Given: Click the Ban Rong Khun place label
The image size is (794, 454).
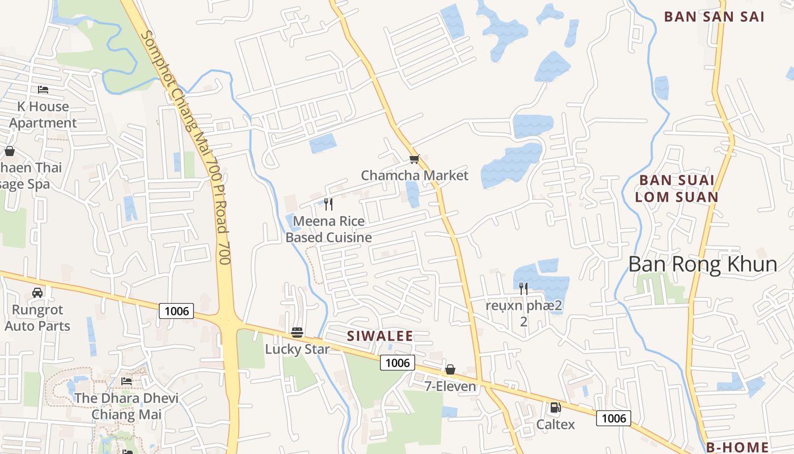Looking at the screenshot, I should (703, 264).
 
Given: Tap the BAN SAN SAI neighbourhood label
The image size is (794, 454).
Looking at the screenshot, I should (714, 16).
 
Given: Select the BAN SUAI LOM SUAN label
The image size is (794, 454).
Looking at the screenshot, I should (676, 188).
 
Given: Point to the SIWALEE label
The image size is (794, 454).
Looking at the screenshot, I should (380, 336).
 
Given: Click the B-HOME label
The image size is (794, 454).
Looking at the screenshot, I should (737, 447).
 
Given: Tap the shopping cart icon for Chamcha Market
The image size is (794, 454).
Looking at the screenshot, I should (414, 159).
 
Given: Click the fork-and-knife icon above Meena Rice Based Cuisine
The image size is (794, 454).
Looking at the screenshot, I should (328, 204).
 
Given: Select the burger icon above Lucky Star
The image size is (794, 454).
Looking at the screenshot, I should (297, 333).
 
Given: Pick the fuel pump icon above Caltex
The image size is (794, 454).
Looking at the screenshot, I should (555, 407).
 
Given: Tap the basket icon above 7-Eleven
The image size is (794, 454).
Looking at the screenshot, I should (450, 370).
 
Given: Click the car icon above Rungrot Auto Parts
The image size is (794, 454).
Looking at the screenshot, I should (37, 293).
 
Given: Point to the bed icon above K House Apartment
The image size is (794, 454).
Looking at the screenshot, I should (43, 90).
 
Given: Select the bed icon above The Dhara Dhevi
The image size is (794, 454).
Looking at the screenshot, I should (126, 381).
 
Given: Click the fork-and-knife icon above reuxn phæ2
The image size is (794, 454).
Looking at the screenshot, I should (523, 289).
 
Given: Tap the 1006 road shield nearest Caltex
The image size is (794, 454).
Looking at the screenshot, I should (614, 419).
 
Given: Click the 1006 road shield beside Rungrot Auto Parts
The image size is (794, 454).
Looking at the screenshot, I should (176, 311).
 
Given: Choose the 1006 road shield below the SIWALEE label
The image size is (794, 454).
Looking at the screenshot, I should (398, 363).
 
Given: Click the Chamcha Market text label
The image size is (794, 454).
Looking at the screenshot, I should (415, 175).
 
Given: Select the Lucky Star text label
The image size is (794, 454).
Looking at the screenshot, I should (297, 349).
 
